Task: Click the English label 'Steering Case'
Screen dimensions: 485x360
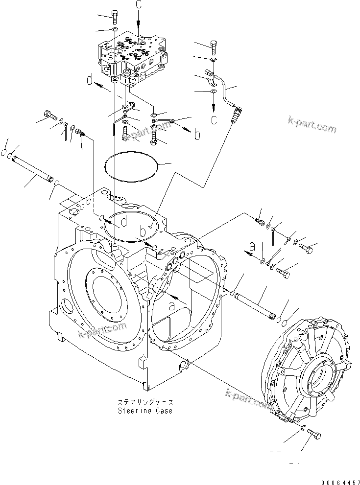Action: click(144, 411)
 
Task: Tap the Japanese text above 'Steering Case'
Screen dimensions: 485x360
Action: click(144, 402)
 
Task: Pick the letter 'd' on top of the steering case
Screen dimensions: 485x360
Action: click(125, 222)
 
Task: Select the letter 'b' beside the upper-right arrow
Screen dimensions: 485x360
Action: click(196, 135)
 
